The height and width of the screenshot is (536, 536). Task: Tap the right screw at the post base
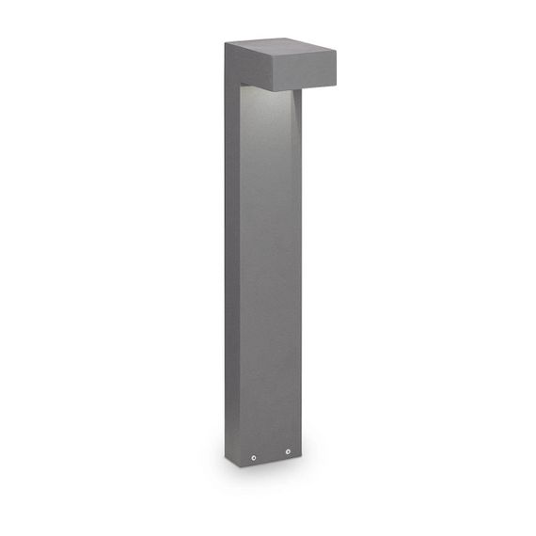click(x=289, y=455)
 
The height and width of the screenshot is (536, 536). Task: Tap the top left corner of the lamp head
click(x=226, y=44)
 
